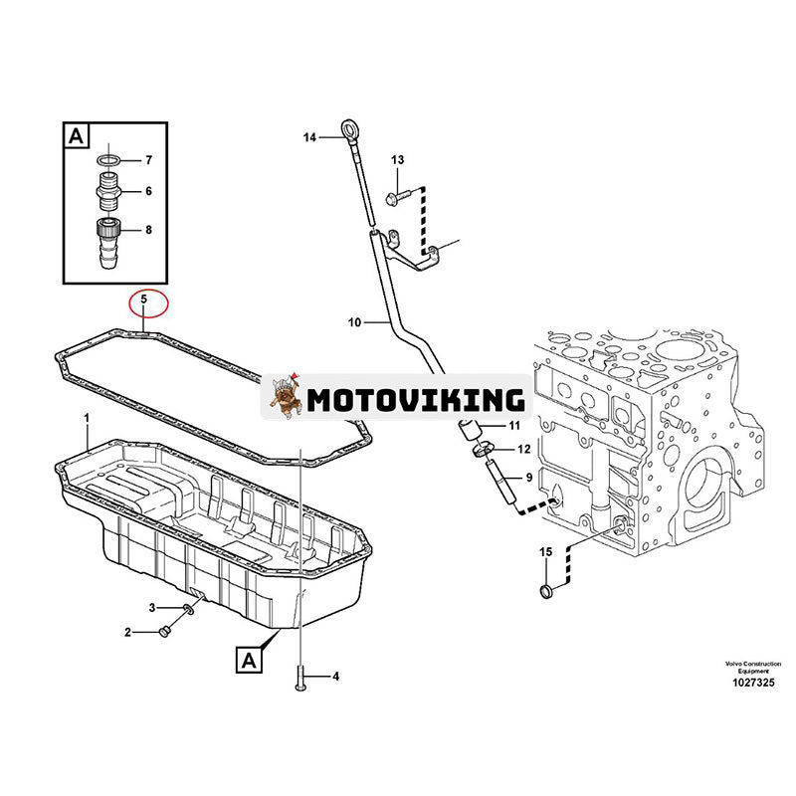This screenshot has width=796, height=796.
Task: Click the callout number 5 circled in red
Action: [x=144, y=298]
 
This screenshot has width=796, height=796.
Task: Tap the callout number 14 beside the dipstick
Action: [x=309, y=137]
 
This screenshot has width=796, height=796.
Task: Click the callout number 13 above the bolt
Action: [x=397, y=160]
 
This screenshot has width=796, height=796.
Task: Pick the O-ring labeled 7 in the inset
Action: [x=108, y=159]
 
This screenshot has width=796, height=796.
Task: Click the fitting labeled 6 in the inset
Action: [x=108, y=189]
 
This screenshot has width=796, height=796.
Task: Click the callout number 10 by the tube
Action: [x=355, y=322]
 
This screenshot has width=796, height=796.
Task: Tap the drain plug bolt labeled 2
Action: [x=165, y=631]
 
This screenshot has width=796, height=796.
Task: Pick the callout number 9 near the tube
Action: [x=528, y=479]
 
